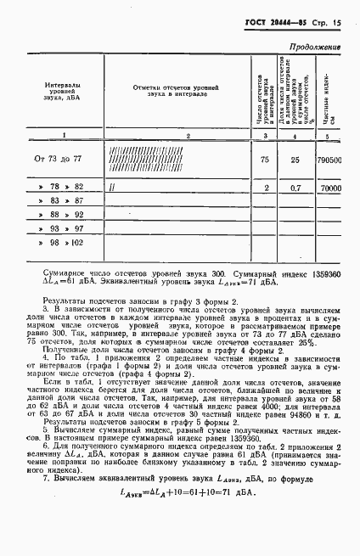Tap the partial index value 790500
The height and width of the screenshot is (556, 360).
[329, 159]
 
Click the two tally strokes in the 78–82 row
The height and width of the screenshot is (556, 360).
[111, 187]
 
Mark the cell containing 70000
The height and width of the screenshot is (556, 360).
[329, 187]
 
